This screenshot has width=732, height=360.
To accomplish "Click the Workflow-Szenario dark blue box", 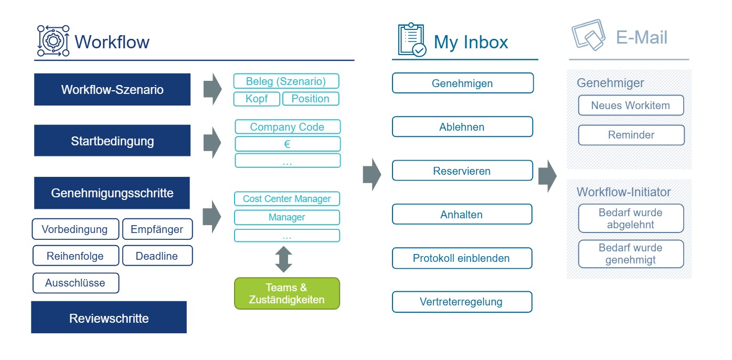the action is (112, 89).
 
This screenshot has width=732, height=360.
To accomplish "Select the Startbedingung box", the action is (112, 141).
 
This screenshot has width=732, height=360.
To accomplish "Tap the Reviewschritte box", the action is (109, 317).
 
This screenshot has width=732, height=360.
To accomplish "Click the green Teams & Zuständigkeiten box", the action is (287, 293).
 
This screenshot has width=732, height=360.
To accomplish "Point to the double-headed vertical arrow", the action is (284, 259).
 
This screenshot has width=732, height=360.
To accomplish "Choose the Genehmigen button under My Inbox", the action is (463, 83).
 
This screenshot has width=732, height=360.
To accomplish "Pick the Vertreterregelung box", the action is (462, 302).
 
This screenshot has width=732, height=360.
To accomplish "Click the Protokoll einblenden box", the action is (462, 258).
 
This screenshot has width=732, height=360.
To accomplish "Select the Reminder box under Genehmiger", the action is (631, 135).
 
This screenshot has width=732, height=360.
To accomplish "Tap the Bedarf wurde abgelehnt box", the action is (631, 218).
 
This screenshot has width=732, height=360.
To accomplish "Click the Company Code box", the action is (288, 127).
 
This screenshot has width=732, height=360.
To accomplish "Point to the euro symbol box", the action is (288, 144).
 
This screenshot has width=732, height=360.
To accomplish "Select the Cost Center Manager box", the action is (287, 198).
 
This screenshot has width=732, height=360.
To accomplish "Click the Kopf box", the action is (257, 99).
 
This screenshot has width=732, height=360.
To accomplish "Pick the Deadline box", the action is (157, 256).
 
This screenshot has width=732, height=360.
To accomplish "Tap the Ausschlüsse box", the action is (76, 283).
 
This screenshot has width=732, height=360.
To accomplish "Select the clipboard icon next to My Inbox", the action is (412, 39).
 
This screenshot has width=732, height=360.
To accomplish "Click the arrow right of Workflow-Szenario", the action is (213, 89).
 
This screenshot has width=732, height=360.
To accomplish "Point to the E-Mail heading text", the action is (641, 37).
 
